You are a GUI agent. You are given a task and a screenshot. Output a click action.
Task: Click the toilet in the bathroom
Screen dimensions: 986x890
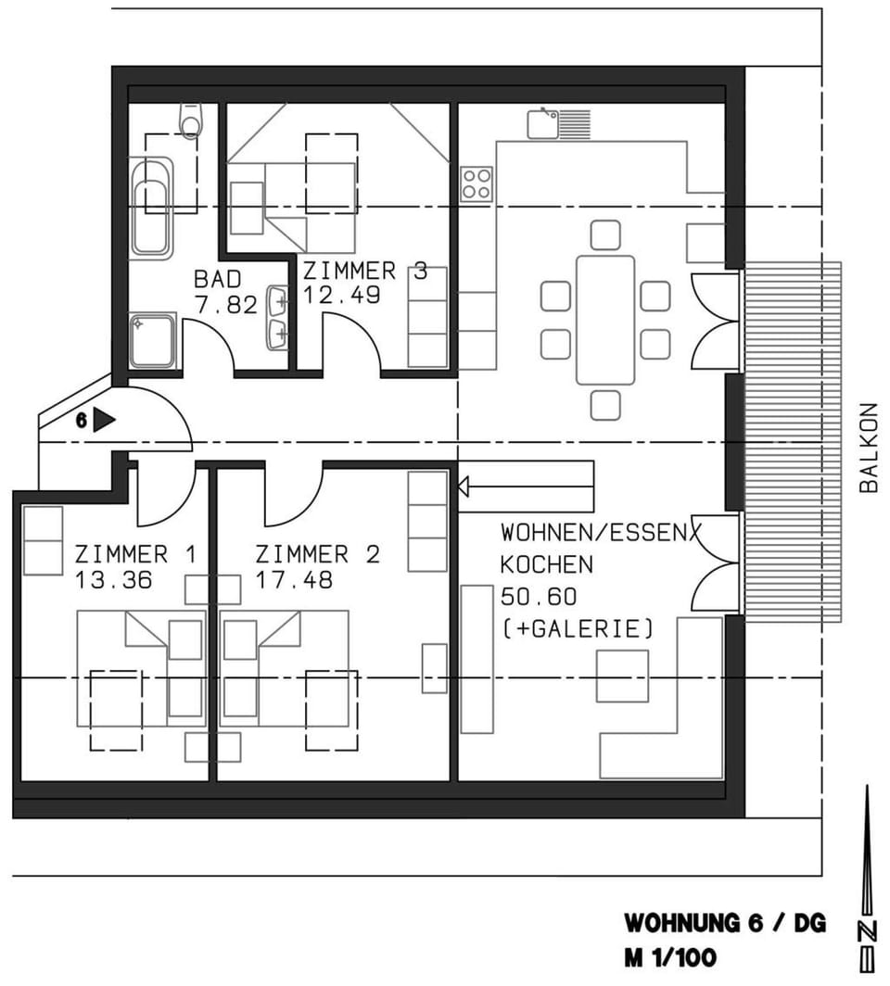pyautogui.click(x=191, y=120)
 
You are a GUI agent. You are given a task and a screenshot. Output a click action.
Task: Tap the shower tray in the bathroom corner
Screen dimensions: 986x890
pyautogui.click(x=152, y=339)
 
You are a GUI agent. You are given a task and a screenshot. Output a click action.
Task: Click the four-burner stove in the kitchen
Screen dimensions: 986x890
pyautogui.click(x=477, y=184)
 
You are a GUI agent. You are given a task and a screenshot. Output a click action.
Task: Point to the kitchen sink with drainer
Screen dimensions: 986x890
pyautogui.click(x=558, y=123)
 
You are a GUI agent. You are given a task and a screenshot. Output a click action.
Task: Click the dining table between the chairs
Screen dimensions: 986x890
pyautogui.click(x=604, y=320)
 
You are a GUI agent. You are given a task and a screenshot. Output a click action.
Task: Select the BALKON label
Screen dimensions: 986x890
pyautogui.click(x=868, y=447)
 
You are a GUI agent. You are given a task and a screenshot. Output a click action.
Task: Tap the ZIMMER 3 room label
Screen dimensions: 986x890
pyautogui.click(x=365, y=272)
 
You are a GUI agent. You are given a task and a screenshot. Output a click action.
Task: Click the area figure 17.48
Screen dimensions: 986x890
pyautogui.click(x=294, y=580)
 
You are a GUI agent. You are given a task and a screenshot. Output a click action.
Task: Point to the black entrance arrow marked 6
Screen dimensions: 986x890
pyautogui.click(x=103, y=421)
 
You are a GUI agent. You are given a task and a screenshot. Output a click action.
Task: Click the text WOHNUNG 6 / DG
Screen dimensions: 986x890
pyautogui.click(x=724, y=924)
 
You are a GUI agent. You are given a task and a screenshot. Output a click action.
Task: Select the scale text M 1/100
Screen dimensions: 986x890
pyautogui.click(x=669, y=957)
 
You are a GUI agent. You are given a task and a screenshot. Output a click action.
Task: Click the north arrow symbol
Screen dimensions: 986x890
pyautogui.click(x=867, y=880)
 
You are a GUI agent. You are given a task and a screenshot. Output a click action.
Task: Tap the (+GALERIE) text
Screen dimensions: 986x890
pyautogui.click(x=577, y=628)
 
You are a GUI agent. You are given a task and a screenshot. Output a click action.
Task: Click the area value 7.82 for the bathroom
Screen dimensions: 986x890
pyautogui.click(x=225, y=304)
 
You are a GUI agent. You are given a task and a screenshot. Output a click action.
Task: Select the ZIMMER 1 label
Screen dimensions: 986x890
pyautogui.click(x=135, y=555)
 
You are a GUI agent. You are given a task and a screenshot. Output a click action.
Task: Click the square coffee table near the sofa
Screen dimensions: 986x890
pyautogui.click(x=621, y=676)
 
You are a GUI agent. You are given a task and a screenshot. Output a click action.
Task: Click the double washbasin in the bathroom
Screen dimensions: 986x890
pyautogui.click(x=276, y=317)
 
